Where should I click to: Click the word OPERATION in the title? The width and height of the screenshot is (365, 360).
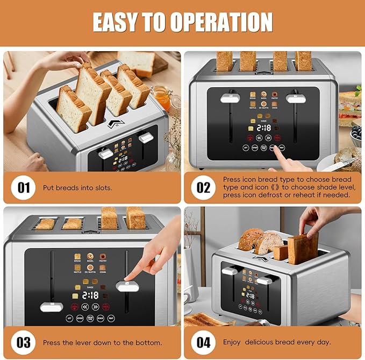(x=221, y=22)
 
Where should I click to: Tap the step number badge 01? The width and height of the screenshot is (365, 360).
(x=24, y=188)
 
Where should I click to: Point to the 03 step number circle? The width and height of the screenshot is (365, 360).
(x=24, y=342)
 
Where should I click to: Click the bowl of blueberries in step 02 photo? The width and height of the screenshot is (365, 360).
(x=356, y=133)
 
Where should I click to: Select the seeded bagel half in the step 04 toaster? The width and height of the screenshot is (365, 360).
(x=251, y=239)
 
